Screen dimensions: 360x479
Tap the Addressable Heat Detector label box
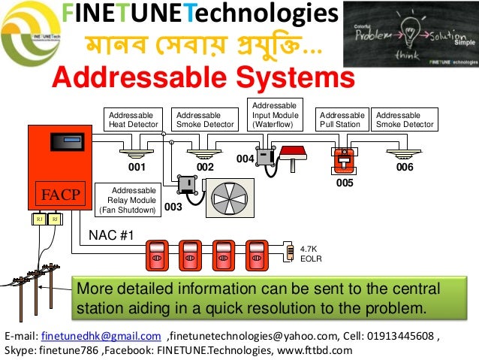(x=134, y=119)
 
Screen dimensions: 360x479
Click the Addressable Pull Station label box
(x=342, y=119)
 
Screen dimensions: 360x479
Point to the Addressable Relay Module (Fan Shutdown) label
(x=131, y=200)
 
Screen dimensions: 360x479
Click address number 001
(x=136, y=167)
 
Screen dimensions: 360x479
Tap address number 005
(x=345, y=182)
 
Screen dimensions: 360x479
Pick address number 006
(x=405, y=167)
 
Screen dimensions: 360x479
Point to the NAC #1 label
(x=111, y=236)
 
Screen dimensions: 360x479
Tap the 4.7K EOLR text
(x=310, y=253)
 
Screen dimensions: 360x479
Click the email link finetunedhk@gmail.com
(x=101, y=335)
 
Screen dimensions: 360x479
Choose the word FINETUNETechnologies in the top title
(x=199, y=13)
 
